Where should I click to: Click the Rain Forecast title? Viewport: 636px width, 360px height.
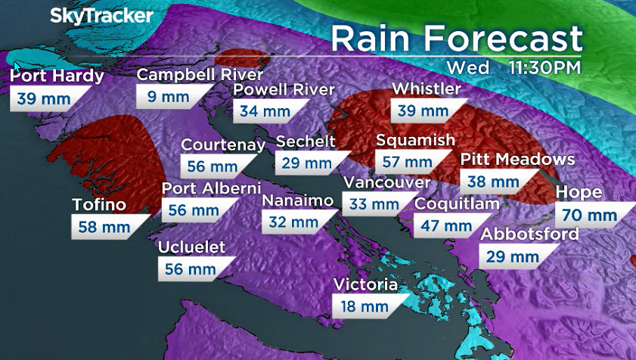(x=456, y=38)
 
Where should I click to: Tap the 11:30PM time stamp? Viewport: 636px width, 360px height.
(x=544, y=67)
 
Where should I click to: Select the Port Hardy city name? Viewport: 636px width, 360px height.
(x=58, y=75)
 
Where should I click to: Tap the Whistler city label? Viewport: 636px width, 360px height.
(x=427, y=89)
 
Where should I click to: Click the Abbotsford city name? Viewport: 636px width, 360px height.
(x=530, y=234)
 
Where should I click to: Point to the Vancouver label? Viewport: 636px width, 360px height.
(x=386, y=182)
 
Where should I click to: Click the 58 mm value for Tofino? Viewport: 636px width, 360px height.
(x=101, y=225)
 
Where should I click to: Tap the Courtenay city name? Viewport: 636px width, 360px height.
(x=223, y=145)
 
